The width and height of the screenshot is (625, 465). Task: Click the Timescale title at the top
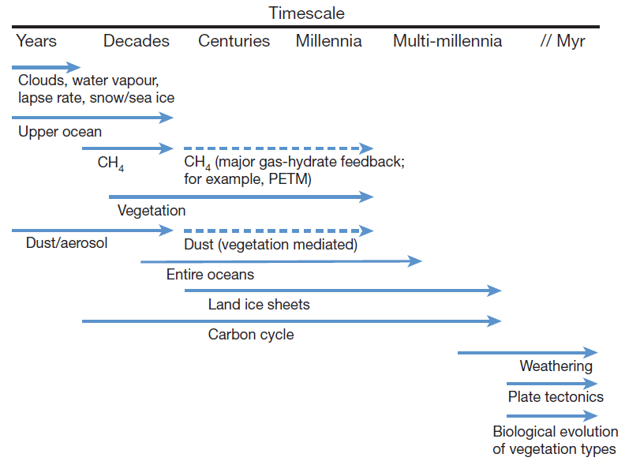tap(306, 13)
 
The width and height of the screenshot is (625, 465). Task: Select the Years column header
tap(36, 41)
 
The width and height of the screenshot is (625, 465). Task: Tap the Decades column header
tap(137, 41)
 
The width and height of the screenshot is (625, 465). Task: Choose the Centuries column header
tap(234, 41)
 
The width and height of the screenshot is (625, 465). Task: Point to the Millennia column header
tap(329, 41)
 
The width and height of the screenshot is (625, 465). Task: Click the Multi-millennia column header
tap(447, 41)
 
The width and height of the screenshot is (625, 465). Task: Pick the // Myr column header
tap(563, 41)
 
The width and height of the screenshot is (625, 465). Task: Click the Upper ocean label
tap(60, 132)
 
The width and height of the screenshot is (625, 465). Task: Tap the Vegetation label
tap(152, 211)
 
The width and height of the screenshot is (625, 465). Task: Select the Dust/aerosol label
tap(67, 242)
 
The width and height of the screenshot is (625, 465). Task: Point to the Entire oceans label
tap(210, 275)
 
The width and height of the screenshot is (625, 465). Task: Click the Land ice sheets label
tap(259, 304)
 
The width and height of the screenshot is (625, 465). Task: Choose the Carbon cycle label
tap(251, 334)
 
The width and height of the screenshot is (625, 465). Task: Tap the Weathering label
tap(556, 366)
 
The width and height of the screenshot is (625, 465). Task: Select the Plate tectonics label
tap(556, 396)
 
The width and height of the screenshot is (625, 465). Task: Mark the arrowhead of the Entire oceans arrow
tap(415, 261)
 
